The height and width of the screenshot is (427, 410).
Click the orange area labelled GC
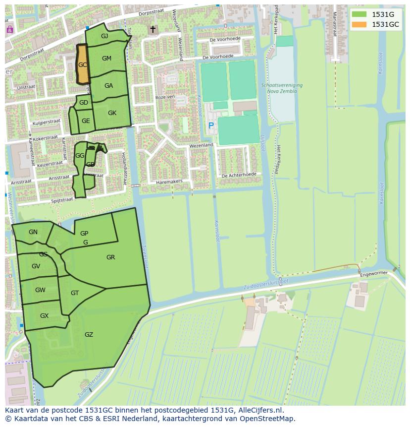[82, 64]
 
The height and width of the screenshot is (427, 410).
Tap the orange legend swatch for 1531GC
[360, 24]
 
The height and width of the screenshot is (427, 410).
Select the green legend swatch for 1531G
[360, 14]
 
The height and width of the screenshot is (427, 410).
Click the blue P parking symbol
[211, 126]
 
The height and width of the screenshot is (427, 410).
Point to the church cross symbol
[153, 30]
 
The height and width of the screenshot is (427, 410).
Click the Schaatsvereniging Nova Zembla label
[282, 88]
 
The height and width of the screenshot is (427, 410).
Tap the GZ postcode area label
[89, 335]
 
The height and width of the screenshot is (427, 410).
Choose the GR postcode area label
[110, 257]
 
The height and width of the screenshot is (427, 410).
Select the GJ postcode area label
[104, 36]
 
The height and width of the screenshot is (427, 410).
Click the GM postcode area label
[106, 59]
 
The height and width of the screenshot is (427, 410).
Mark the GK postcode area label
[112, 113]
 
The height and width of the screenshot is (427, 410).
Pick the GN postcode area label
[33, 232]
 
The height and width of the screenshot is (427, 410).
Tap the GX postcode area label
[44, 316]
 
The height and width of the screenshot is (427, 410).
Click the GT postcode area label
[75, 293]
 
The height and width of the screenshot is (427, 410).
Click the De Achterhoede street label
[239, 175]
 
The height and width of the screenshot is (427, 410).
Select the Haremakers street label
[170, 182]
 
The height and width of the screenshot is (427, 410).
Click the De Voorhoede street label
[225, 39]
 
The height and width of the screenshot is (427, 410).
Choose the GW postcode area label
[40, 290]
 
